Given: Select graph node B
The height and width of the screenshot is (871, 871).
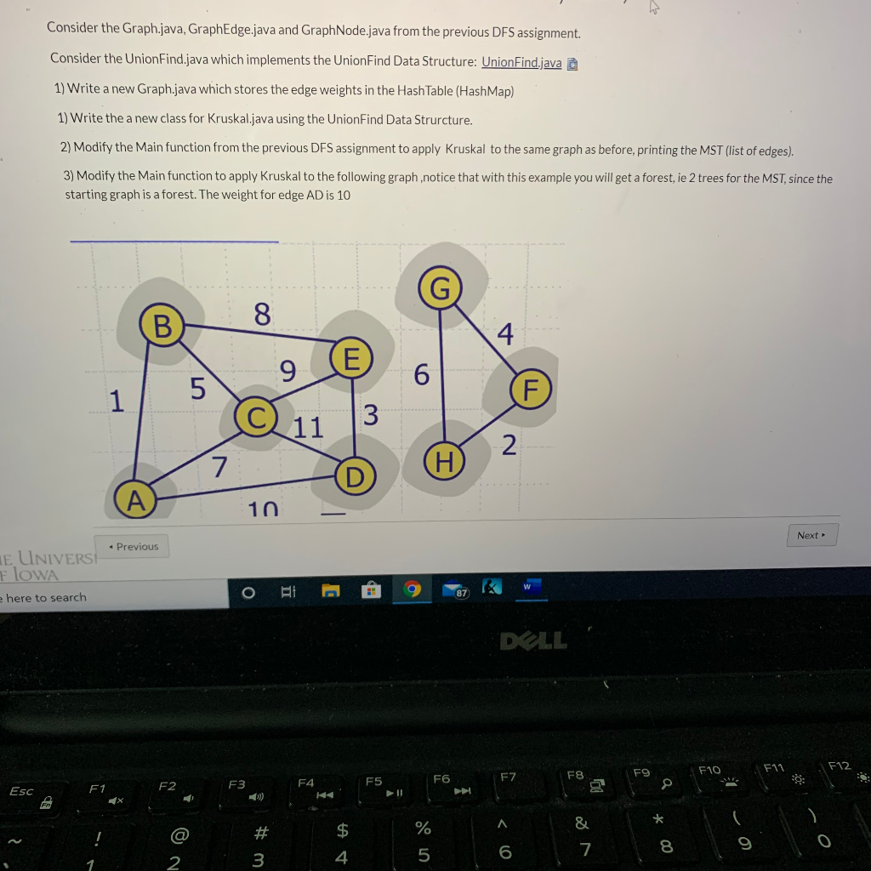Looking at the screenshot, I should coord(162,325).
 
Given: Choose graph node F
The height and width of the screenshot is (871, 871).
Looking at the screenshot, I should coord(531,390).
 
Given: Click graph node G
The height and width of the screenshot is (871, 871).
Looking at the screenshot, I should coord(440,289).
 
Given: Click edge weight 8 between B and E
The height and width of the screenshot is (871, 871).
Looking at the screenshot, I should coord(262,315).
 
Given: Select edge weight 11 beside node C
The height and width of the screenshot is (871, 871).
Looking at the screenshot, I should coord(309,427).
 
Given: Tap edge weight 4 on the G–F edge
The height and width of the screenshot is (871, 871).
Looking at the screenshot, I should coord(505,334).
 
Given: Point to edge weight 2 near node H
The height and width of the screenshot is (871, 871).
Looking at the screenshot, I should coord(509,445).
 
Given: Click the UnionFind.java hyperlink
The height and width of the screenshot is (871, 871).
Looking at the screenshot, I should coord(521,63).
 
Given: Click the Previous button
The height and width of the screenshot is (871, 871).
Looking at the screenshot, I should coord(134,546).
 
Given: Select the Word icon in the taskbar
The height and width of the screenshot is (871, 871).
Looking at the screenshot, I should coord(527,587).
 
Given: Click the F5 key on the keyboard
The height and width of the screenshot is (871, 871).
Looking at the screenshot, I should coord(375,785).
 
